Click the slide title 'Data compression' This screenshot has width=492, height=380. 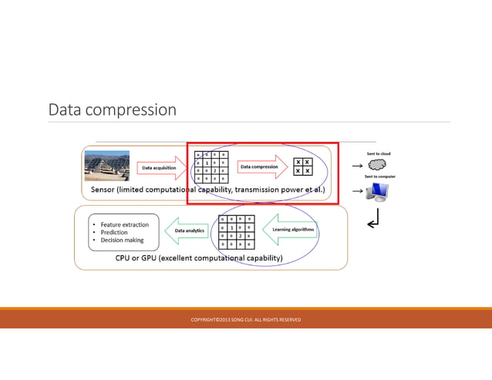coord(113,109)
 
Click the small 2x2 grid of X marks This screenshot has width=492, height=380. coord(303,166)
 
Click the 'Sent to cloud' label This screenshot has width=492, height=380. coord(378,153)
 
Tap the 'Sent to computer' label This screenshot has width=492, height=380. coord(379,176)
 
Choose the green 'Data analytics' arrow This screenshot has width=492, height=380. coord(188,230)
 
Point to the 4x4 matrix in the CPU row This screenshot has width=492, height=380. coord(237,232)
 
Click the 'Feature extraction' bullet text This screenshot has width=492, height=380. coord(125,224)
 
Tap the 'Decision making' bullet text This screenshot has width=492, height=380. coord(122,240)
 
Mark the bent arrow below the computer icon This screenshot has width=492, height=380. coord(373,223)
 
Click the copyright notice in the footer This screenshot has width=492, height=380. coord(245,319)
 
